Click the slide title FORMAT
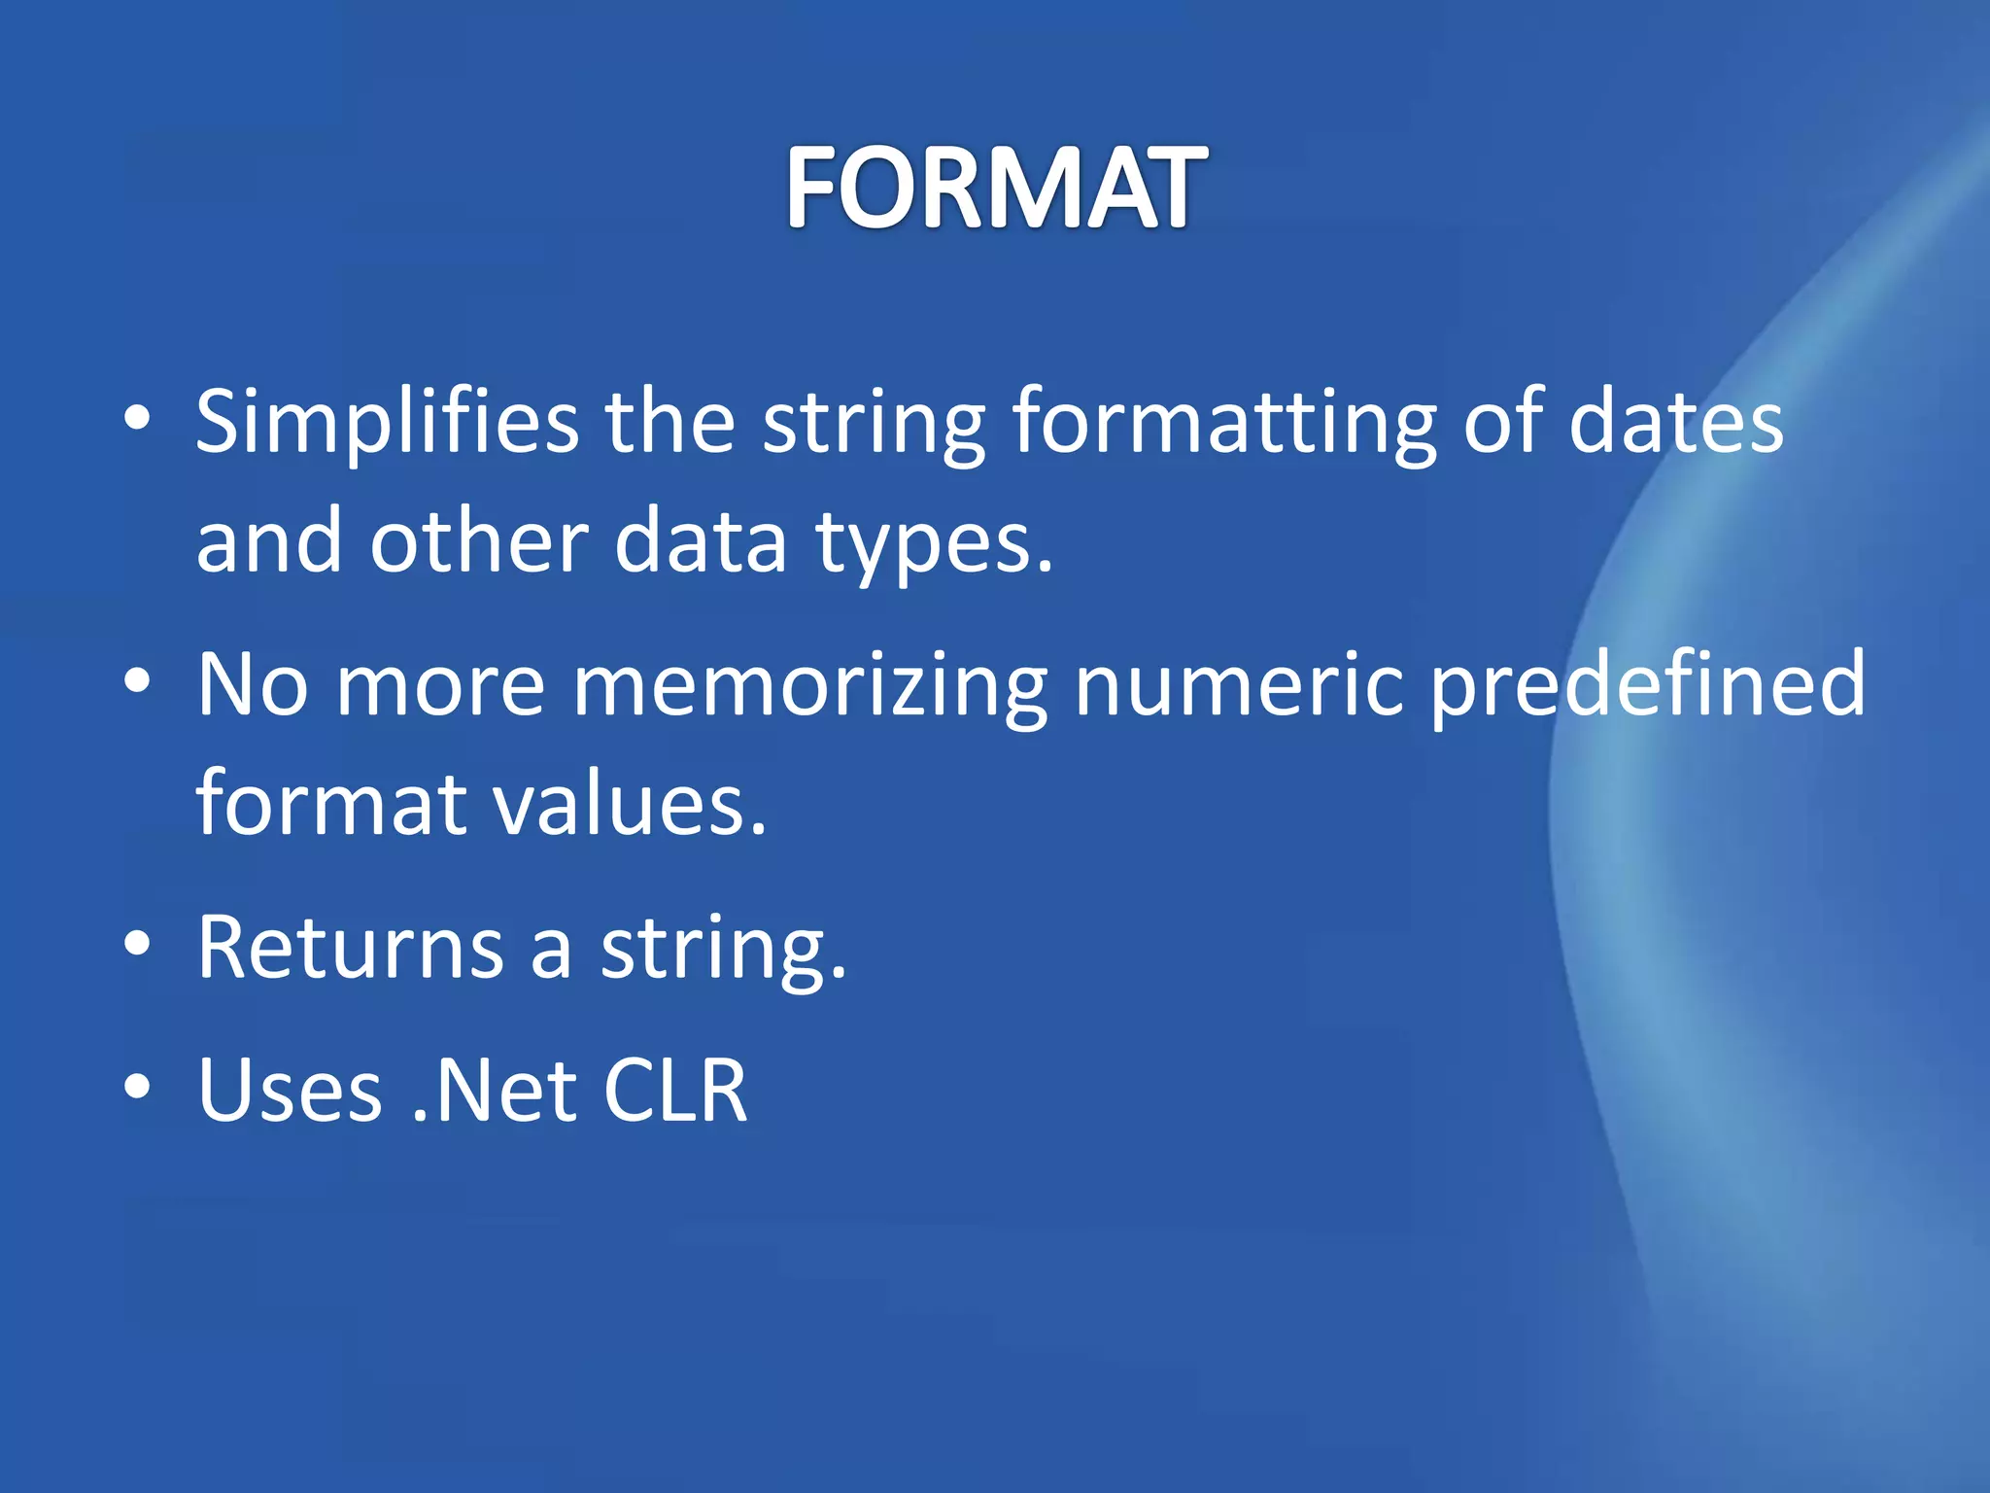click(996, 187)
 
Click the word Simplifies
click(387, 423)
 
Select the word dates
click(1675, 423)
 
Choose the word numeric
click(1239, 685)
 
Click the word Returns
click(350, 947)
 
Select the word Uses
click(290, 1090)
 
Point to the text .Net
click(495, 1090)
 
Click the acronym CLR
click(675, 1090)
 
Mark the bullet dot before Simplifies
click(138, 420)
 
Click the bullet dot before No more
click(138, 682)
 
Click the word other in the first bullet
click(479, 542)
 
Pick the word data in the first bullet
click(700, 542)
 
